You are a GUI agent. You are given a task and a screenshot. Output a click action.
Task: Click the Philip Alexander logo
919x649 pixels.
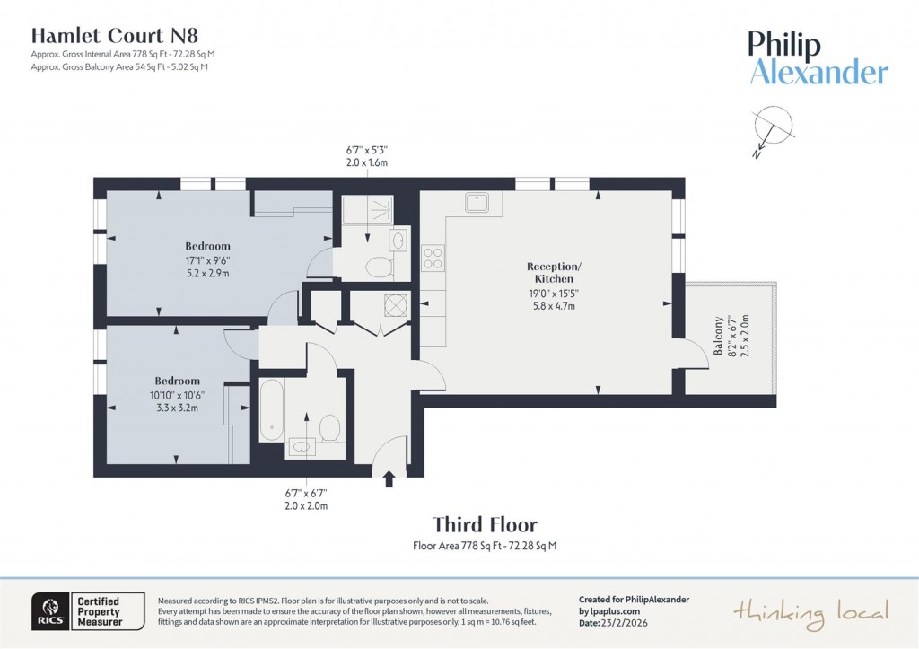point(818,59)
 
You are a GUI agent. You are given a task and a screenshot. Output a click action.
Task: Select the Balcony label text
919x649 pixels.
point(718,336)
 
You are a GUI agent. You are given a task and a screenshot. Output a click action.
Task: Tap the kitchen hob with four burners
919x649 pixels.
point(433,259)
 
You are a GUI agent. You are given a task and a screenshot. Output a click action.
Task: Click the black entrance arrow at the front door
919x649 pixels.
point(389,480)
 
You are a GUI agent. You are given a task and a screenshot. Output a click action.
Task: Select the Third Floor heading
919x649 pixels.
point(485,524)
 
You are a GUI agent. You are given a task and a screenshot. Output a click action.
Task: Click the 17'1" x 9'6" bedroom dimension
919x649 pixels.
point(207,261)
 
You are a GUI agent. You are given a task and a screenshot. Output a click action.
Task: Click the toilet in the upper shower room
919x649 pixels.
point(379,267)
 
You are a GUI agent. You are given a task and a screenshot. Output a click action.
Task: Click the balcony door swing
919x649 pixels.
point(693,353)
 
